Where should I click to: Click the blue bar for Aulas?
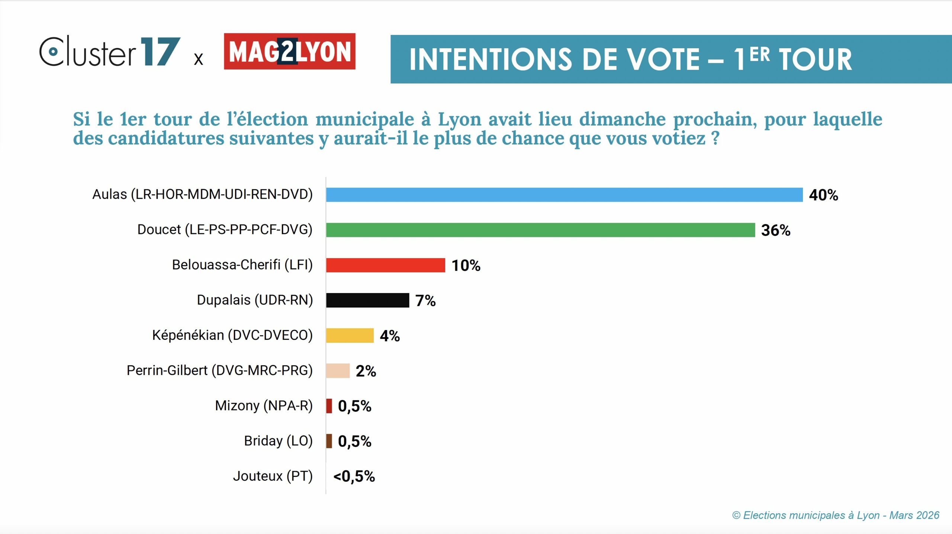[x=564, y=195]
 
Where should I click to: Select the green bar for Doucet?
[x=540, y=230]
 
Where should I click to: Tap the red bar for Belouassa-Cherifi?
[x=385, y=265]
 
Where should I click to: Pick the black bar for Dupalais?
[x=367, y=300]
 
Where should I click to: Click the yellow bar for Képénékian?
[x=350, y=335]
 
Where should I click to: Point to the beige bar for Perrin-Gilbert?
[x=338, y=371]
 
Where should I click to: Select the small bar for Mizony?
[x=329, y=406]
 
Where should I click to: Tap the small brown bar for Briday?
[x=329, y=441]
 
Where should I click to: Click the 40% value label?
[x=823, y=195]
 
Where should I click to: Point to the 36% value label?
[x=775, y=230]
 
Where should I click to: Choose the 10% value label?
[x=466, y=266]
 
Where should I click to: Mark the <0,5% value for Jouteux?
[x=354, y=476]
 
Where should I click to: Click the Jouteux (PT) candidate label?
[x=273, y=476]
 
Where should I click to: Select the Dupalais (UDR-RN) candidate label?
[x=255, y=300]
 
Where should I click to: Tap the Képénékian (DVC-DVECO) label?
[x=232, y=335]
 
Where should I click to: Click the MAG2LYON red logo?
[x=289, y=51]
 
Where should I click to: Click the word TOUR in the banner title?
[x=815, y=59]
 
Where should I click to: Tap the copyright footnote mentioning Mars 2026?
[x=835, y=515]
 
